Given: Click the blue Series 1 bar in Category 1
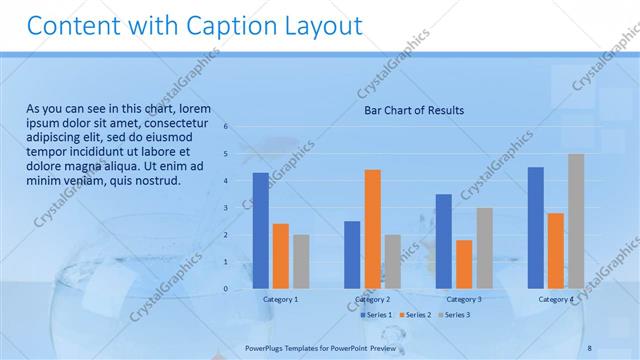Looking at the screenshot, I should coord(260,231).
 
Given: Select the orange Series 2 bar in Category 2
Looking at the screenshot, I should coord(372,229).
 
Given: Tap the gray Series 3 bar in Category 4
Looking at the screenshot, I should coord(576,221).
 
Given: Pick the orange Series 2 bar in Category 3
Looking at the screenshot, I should coord(464,264).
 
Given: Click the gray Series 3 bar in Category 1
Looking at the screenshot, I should coord(301,262).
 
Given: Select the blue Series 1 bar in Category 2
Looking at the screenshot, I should coord(352,255).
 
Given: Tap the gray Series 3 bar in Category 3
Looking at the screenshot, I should coord(484,248).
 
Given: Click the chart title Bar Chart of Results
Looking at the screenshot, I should coord(413,110).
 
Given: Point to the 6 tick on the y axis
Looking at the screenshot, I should coord(226,127).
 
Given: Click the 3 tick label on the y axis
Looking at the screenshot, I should coord(226,208).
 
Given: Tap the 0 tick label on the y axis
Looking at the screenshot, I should coord(226,289).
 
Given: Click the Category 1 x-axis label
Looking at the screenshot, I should coord(281,299).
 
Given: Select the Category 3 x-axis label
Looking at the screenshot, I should coord(464,299).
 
